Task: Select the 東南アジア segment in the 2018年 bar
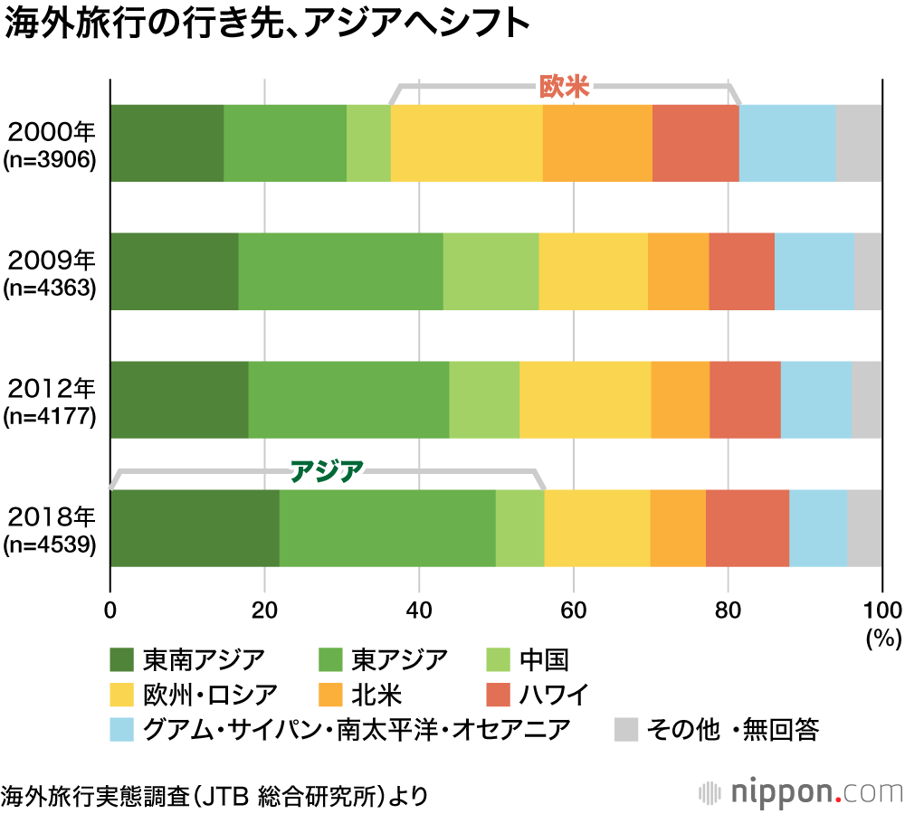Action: (195, 528)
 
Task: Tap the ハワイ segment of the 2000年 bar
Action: (695, 143)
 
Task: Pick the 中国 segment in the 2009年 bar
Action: (491, 271)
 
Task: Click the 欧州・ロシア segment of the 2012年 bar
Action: (585, 400)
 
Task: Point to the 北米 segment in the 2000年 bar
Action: (597, 143)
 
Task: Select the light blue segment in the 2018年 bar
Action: (818, 528)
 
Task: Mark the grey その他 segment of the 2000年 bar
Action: (859, 143)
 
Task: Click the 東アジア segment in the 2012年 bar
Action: (348, 400)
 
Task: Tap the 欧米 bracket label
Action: (564, 87)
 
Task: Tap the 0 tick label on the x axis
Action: (110, 607)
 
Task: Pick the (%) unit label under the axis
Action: (883, 638)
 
